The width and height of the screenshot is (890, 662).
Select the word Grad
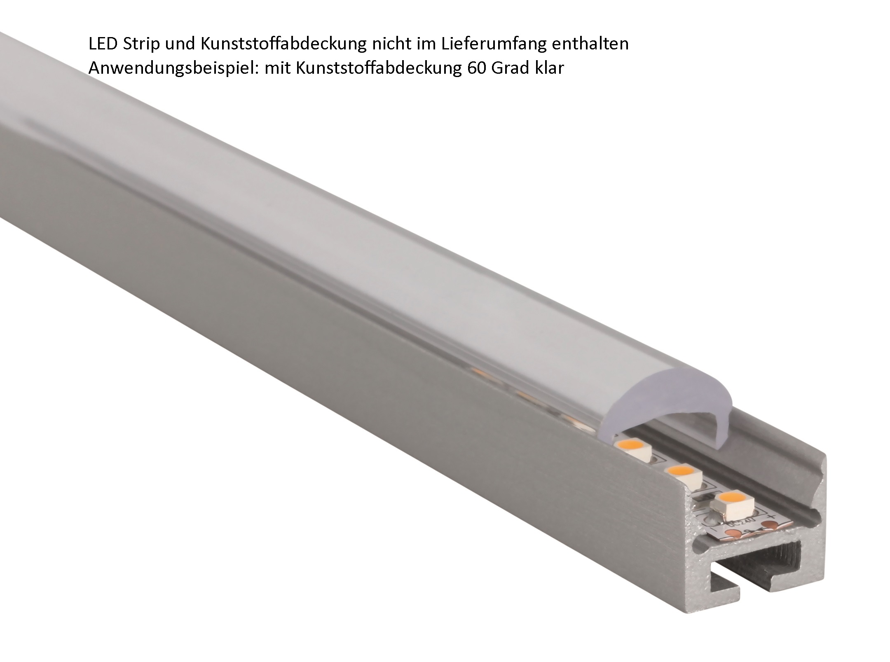pos(512,68)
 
